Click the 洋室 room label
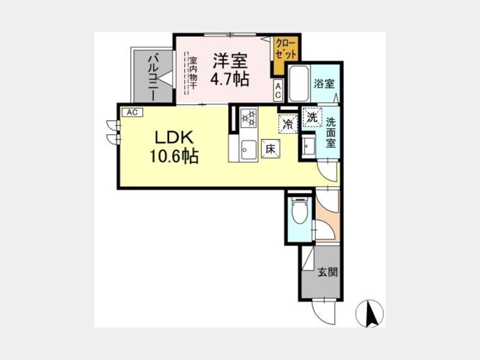[x=230, y=61]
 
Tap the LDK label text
[x=174, y=138]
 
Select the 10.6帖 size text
[x=174, y=156]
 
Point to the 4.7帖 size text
[x=229, y=79]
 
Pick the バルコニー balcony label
[x=153, y=78]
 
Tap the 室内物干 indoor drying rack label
[x=193, y=73]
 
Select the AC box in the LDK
[x=132, y=113]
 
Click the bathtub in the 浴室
[x=299, y=83]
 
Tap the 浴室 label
[x=324, y=84]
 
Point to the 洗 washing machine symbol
[x=312, y=117]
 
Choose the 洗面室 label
[x=331, y=132]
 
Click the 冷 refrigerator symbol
[x=288, y=124]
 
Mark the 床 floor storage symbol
[x=270, y=149]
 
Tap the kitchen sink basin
[x=249, y=150]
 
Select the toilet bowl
[x=299, y=212]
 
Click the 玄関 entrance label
[x=327, y=272]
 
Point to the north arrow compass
[x=370, y=314]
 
